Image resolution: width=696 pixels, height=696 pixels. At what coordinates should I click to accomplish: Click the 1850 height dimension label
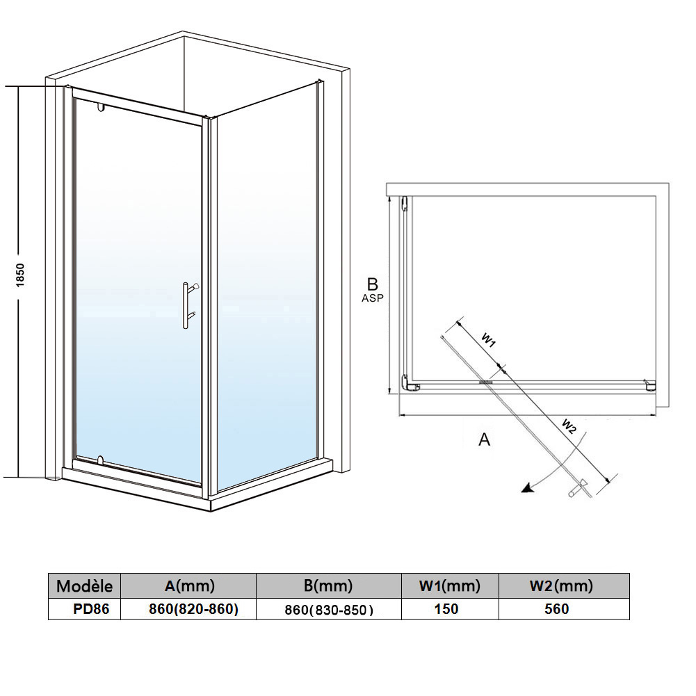click(x=20, y=275)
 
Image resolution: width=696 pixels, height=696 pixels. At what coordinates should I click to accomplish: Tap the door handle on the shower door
click(x=190, y=305)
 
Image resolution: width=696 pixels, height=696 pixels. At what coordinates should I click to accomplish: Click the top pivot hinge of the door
click(x=100, y=107)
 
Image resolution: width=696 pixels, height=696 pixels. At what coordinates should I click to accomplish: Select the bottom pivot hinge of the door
click(x=100, y=460)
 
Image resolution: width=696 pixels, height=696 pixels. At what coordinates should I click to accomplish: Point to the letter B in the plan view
click(x=373, y=284)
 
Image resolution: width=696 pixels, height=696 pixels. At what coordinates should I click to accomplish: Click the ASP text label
click(x=373, y=298)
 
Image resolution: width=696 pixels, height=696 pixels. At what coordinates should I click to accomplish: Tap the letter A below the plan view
click(x=484, y=439)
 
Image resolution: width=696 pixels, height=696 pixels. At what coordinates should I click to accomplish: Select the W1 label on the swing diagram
click(x=489, y=340)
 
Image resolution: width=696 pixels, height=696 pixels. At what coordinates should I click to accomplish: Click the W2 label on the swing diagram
click(x=569, y=426)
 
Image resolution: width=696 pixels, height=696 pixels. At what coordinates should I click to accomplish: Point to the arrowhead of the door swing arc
click(x=526, y=488)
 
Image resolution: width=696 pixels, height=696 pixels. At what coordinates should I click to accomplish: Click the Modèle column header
click(x=84, y=586)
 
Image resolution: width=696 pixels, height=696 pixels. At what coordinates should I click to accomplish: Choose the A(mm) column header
click(x=190, y=586)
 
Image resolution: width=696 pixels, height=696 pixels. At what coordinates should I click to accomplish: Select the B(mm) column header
click(x=328, y=586)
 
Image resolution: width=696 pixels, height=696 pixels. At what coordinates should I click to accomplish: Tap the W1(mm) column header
click(x=450, y=586)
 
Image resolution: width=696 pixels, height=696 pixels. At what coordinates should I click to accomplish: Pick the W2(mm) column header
click(x=561, y=586)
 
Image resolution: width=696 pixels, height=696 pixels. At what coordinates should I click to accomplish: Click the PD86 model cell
click(x=91, y=609)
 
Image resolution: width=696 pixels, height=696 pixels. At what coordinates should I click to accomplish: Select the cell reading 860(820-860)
click(x=193, y=610)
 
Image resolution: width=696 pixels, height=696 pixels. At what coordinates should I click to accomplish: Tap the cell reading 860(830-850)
click(x=329, y=610)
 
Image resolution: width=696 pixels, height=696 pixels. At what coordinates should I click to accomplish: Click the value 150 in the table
click(x=446, y=609)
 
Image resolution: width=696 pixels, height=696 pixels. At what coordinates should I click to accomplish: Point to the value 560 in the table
click(x=557, y=609)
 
